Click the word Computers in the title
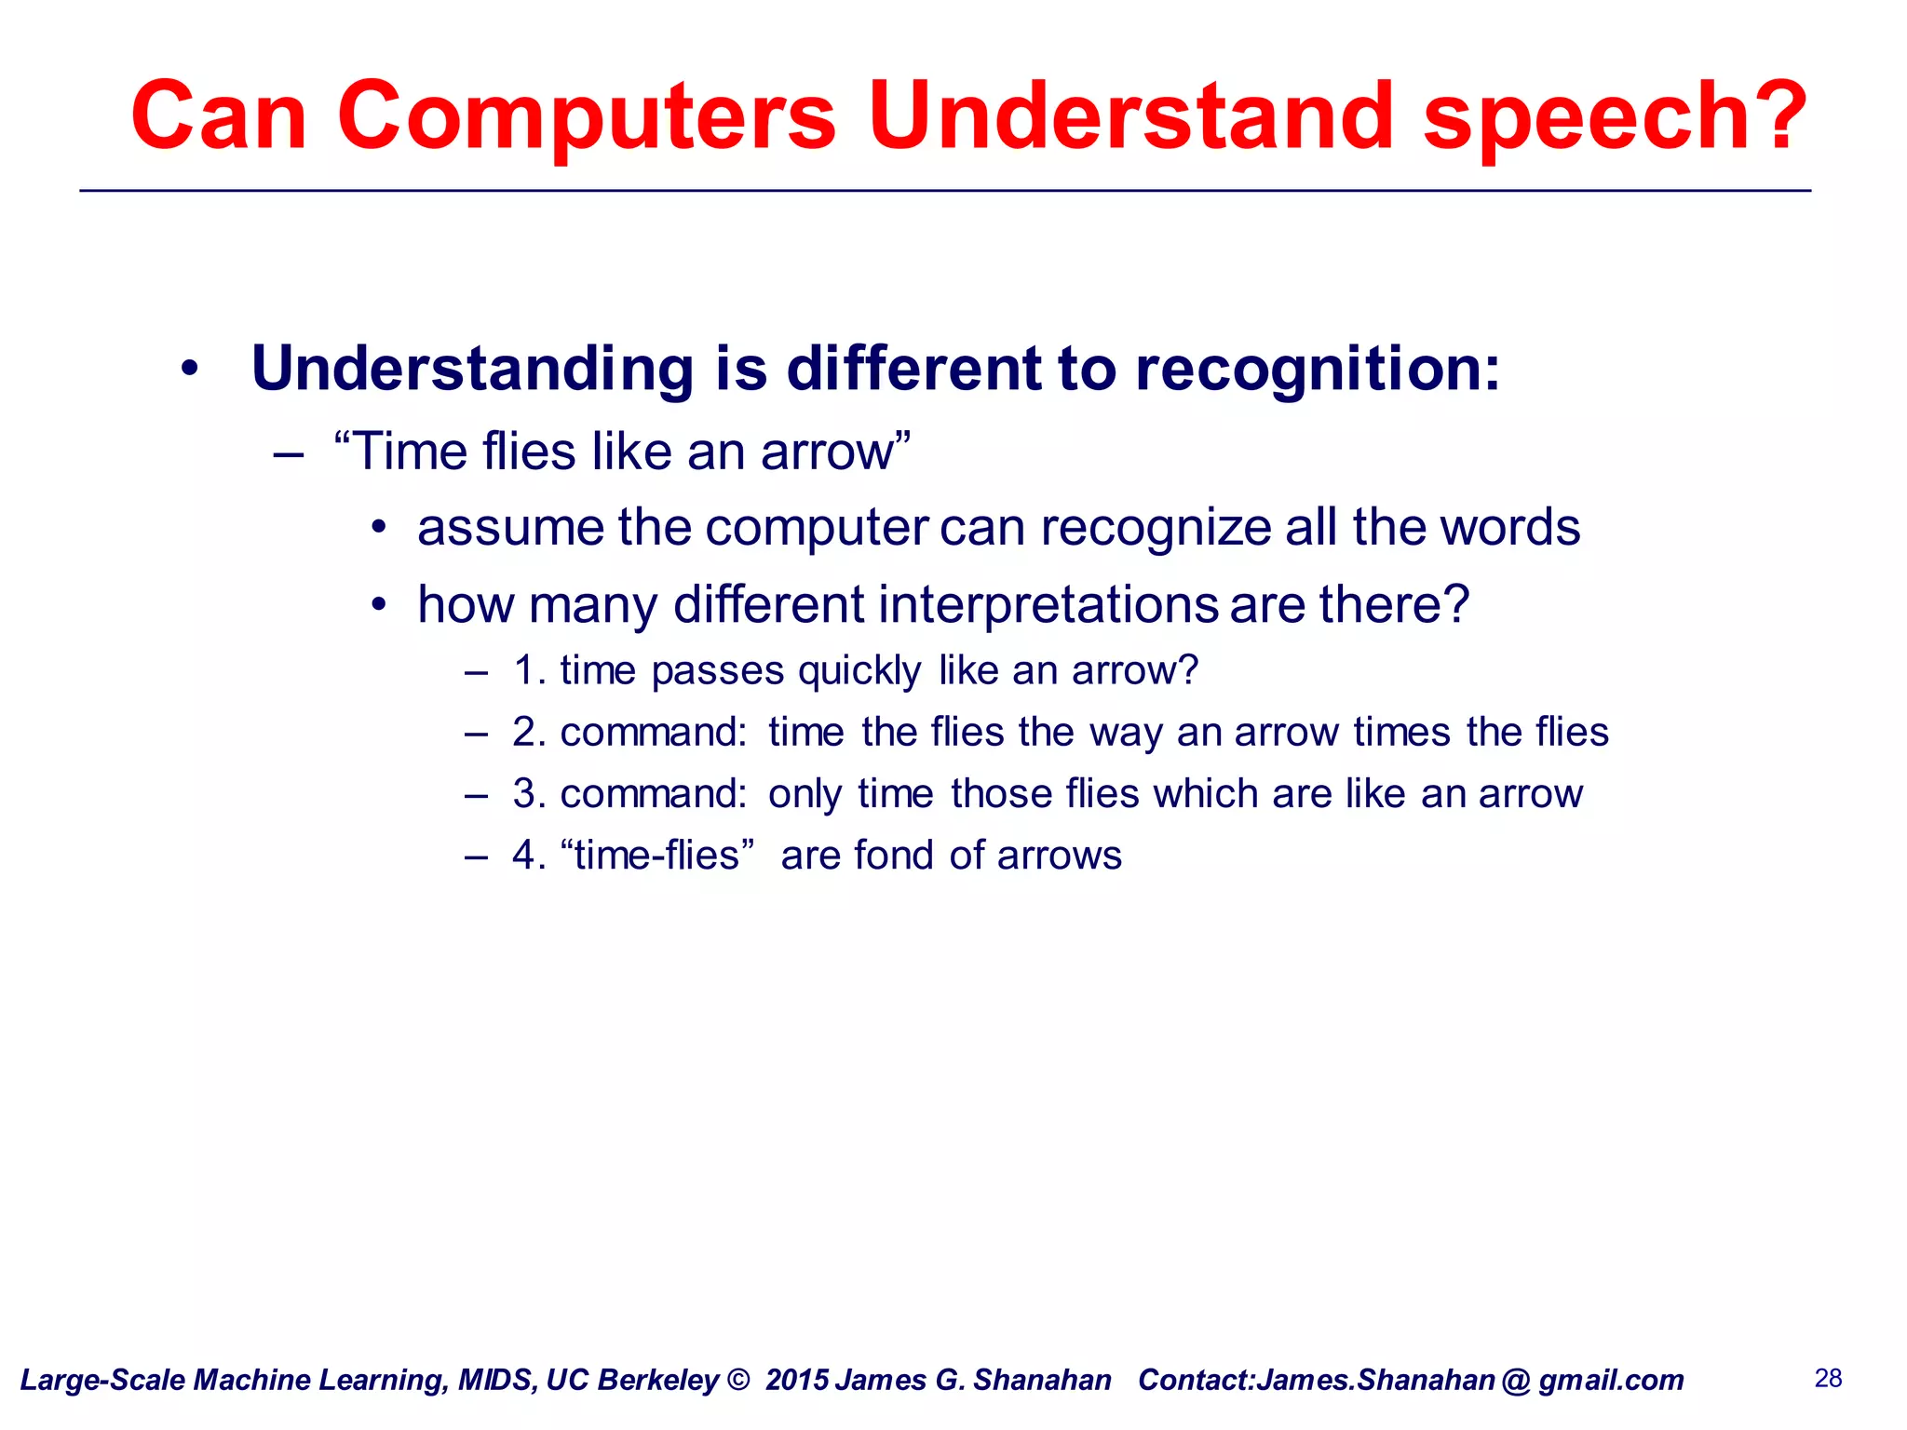coord(587,116)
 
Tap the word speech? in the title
coord(1616,116)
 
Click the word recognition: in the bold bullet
coord(1318,370)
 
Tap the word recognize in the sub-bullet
coord(1155,528)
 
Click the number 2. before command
coord(529,733)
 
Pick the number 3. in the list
coord(529,794)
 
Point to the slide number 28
coord(1828,1378)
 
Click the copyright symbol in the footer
coord(738,1380)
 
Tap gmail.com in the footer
coord(1611,1380)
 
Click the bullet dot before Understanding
coord(190,370)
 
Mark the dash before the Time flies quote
coord(289,454)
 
